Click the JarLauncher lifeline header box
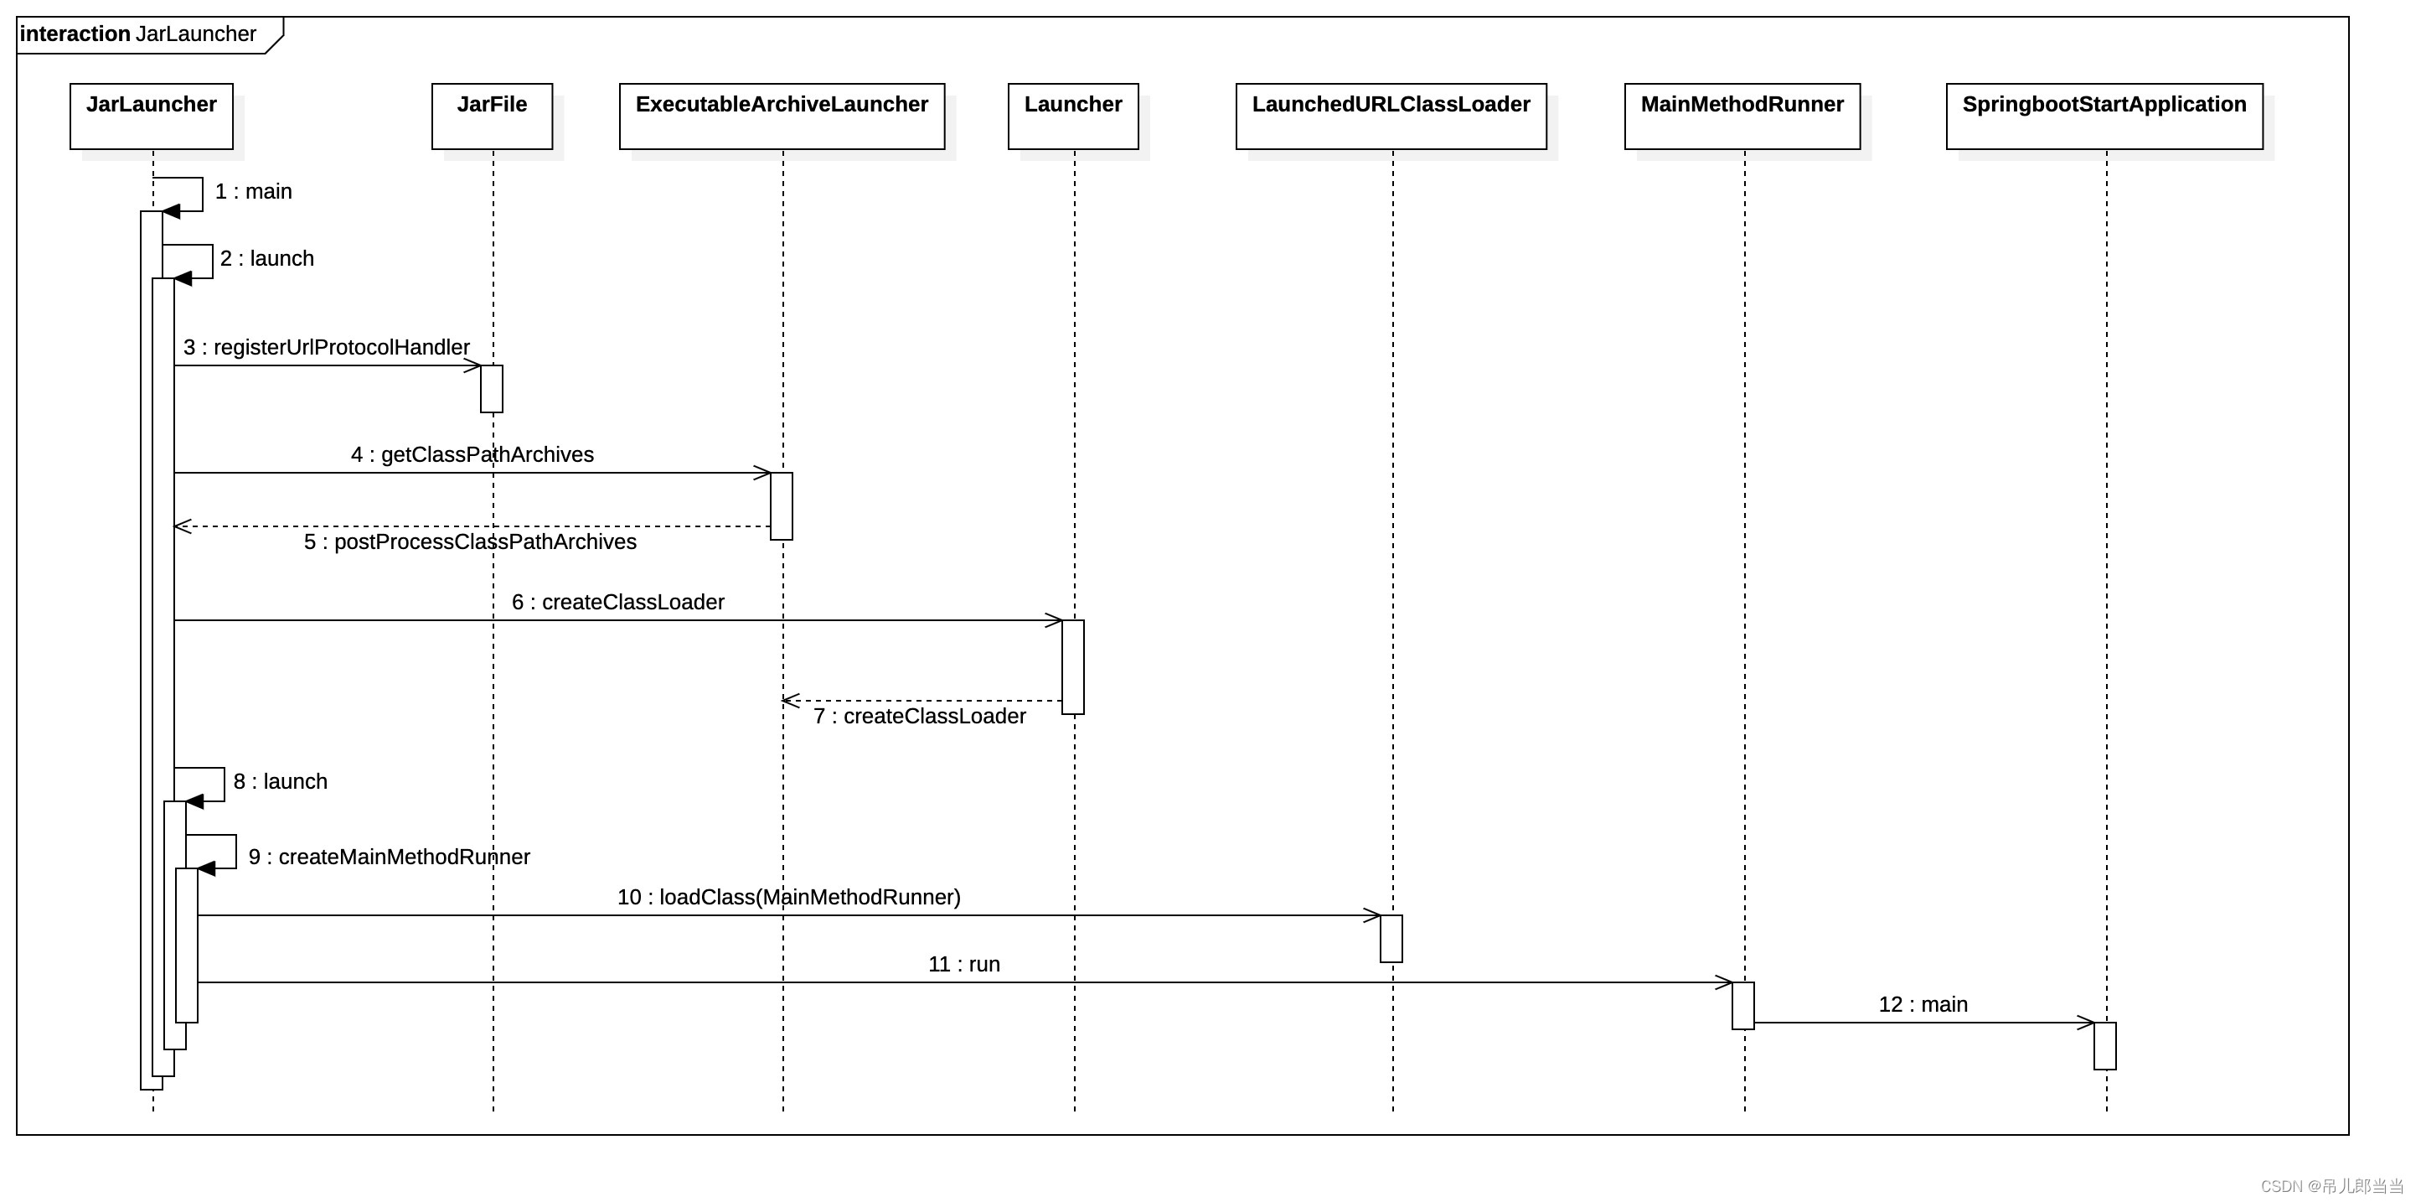pos(151,116)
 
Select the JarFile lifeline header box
pos(492,116)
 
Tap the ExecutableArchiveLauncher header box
pos(782,116)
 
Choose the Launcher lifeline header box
pos(1073,116)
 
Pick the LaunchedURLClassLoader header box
pos(1391,116)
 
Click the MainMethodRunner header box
pos(1742,116)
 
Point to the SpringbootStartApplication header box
pos(2104,116)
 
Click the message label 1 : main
pos(253,191)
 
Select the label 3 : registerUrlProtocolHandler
pos(327,347)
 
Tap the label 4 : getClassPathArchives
pos(472,455)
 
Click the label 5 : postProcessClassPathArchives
pos(470,542)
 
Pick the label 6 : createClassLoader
pos(617,603)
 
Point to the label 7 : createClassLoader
pos(919,717)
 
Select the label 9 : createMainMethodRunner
pos(390,857)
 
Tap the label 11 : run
pos(963,965)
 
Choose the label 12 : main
pos(1923,1005)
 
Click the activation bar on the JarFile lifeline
pos(492,388)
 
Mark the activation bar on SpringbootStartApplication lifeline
pos(2104,1045)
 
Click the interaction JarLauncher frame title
pos(138,34)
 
